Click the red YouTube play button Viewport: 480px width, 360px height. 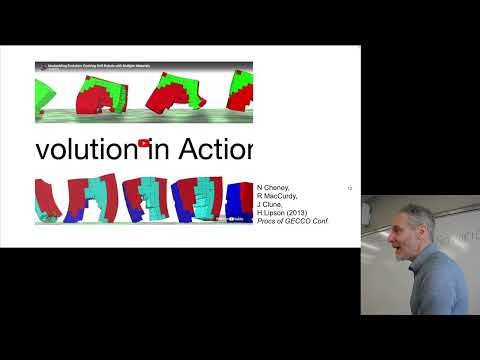(145, 143)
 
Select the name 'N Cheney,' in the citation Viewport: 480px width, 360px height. (274, 188)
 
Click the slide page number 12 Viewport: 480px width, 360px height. (349, 188)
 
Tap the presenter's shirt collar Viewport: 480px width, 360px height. (418, 262)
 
